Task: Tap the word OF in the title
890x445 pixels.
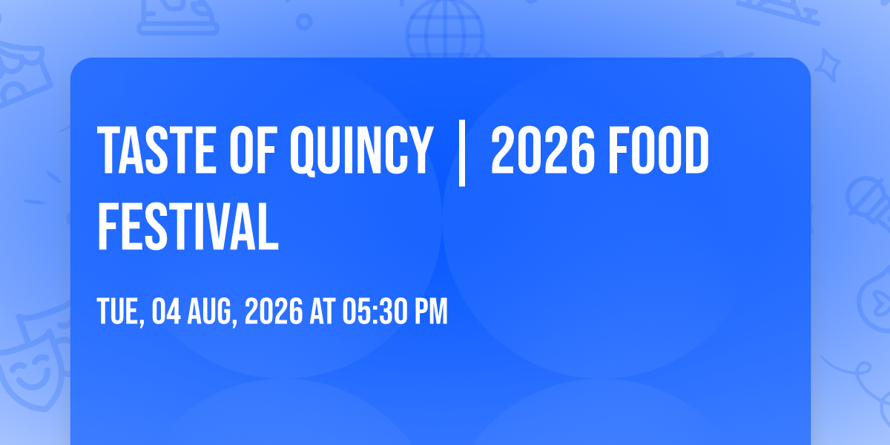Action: [x=253, y=150]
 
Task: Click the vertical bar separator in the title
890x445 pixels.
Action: [x=461, y=153]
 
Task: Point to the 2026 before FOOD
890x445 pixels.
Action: [x=543, y=150]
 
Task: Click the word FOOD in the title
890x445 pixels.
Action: [x=659, y=150]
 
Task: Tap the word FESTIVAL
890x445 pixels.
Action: [x=188, y=226]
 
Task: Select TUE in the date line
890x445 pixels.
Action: [x=119, y=311]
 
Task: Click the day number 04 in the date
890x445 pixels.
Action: [x=166, y=311]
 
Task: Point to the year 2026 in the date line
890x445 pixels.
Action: [x=274, y=311]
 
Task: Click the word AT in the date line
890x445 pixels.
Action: [x=322, y=311]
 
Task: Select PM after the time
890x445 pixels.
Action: [x=431, y=311]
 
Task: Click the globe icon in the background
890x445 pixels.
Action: [x=446, y=28]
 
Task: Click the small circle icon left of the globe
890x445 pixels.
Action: [x=304, y=22]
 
